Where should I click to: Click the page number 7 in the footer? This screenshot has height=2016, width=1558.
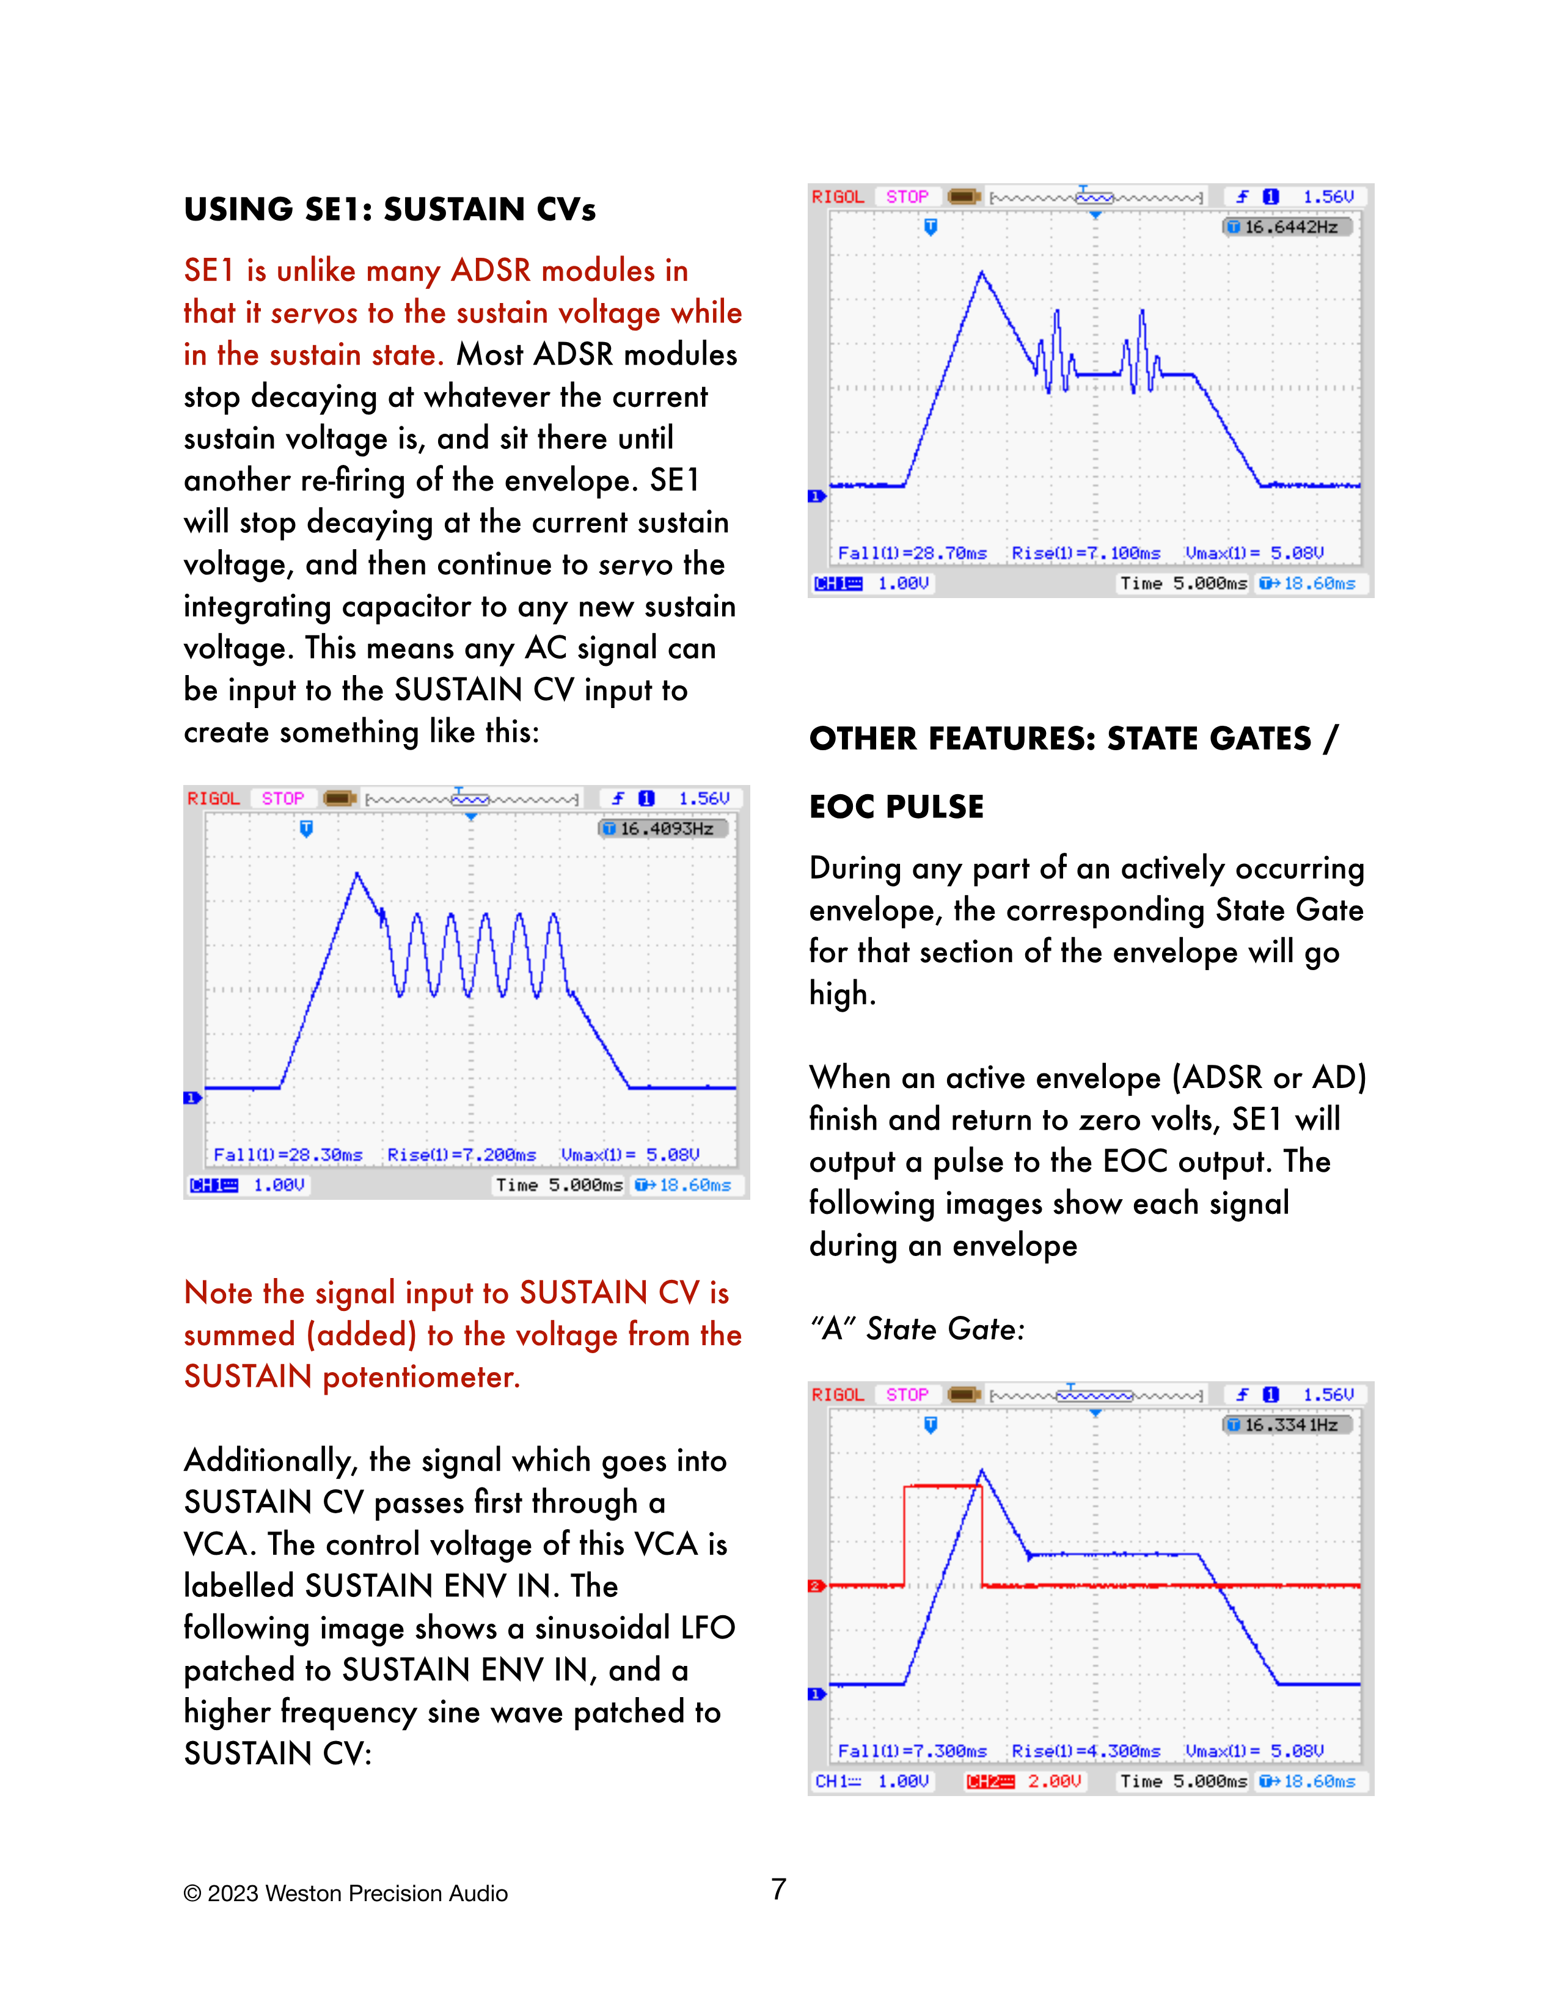(x=778, y=1890)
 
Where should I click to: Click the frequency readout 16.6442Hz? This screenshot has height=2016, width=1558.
(x=1289, y=227)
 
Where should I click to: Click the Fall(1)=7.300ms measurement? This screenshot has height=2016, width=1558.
(x=912, y=1751)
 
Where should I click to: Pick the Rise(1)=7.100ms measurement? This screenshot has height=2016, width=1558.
(x=1086, y=553)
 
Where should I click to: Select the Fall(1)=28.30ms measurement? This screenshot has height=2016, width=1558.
(x=288, y=1155)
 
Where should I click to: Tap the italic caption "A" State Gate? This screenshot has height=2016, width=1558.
(x=916, y=1329)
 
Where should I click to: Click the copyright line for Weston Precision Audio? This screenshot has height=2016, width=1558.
(x=345, y=1893)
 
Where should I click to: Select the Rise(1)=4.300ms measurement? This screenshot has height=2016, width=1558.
(x=1086, y=1751)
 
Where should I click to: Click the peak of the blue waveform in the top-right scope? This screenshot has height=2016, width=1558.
(x=981, y=272)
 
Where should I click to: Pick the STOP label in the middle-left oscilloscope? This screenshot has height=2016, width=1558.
(x=282, y=798)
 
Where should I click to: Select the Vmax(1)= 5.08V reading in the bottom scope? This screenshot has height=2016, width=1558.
(x=1254, y=1751)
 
